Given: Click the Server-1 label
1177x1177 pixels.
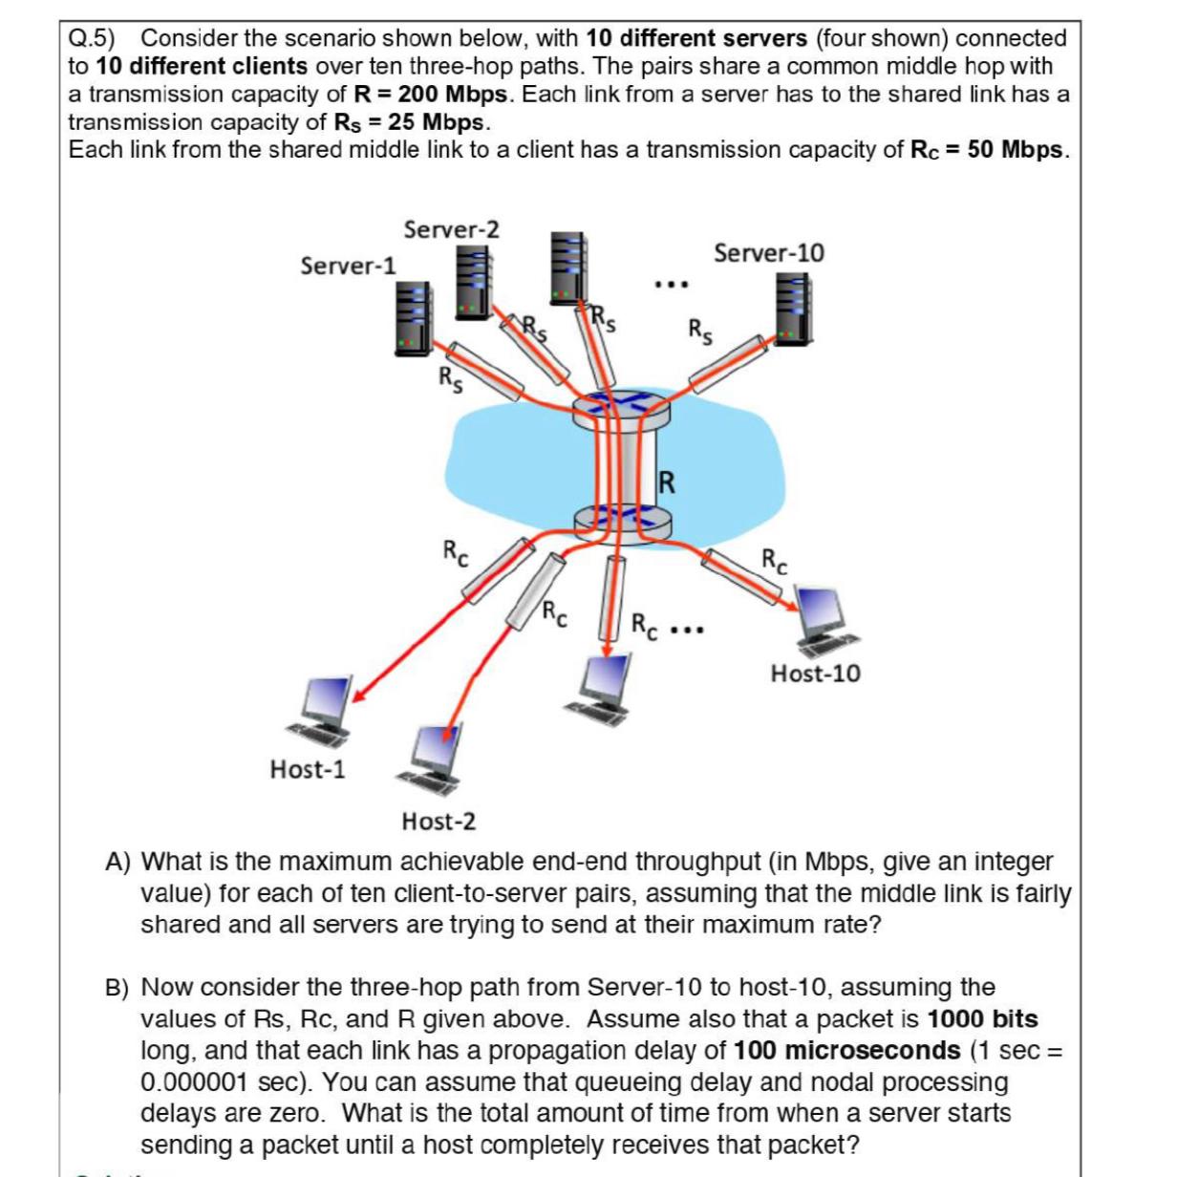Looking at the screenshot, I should pos(348,266).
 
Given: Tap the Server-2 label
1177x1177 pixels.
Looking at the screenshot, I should pos(451,229).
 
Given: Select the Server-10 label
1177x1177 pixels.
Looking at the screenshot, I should pos(768,253).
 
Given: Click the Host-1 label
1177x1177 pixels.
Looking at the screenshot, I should pos(308,769).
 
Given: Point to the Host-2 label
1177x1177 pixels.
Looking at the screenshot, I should pos(439,822).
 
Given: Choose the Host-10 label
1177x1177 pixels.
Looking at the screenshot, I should pos(815,674).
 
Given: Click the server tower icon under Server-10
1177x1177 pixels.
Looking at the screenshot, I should pos(793,309).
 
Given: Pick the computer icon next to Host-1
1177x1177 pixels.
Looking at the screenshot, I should pos(326,708).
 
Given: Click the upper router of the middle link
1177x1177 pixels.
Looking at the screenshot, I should pos(621,409).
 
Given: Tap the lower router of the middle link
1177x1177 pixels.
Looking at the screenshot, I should pos(621,522).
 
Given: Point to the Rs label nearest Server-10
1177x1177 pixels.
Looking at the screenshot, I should pos(700,332).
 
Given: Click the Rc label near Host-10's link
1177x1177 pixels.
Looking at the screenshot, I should pos(775,561).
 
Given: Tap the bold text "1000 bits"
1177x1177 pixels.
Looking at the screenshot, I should pos(982,1019).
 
